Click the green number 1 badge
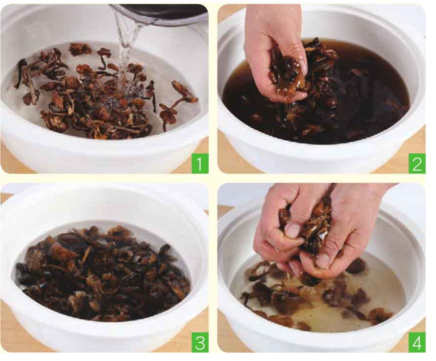click(200, 164)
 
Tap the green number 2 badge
click(416, 164)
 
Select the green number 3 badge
click(200, 343)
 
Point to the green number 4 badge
click(416, 343)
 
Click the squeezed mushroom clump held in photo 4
click(309, 225)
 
